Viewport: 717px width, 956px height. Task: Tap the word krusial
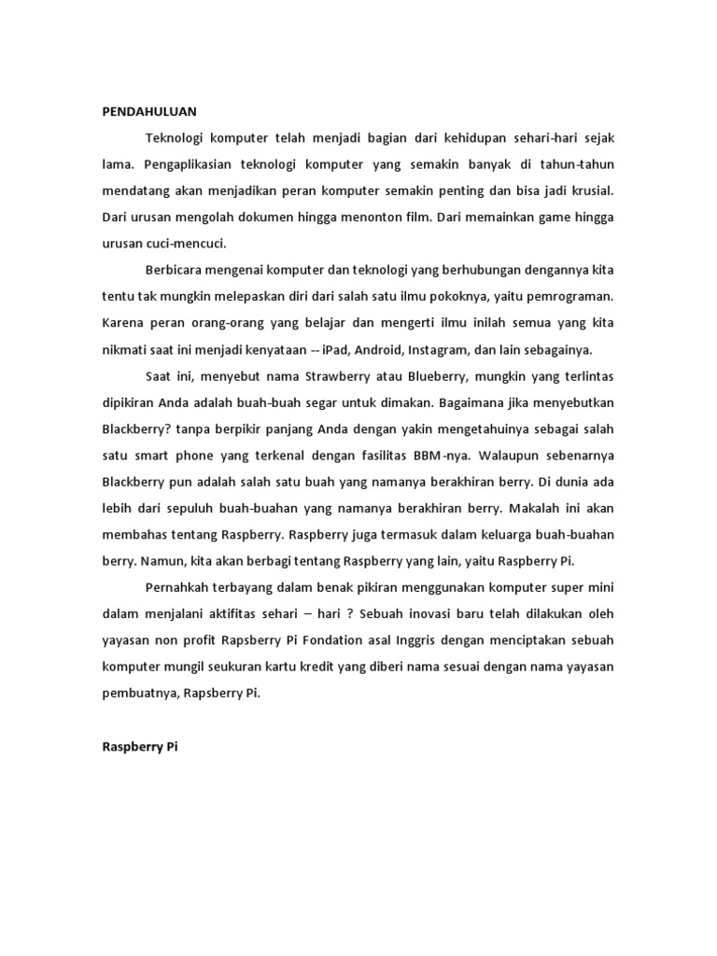pyautogui.click(x=589, y=190)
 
